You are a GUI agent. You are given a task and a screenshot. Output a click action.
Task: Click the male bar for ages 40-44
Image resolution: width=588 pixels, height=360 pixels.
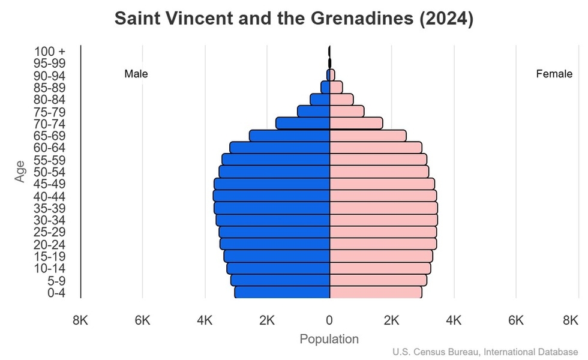pyautogui.click(x=271, y=196)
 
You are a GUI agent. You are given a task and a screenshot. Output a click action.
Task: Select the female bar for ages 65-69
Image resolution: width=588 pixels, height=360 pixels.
pyautogui.click(x=368, y=136)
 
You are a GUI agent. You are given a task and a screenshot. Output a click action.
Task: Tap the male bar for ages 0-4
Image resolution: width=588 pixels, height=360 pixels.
pyautogui.click(x=282, y=292)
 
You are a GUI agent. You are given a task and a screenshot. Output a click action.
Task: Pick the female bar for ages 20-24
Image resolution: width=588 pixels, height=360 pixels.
pyautogui.click(x=383, y=244)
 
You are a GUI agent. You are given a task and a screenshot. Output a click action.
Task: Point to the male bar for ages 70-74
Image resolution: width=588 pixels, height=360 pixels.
pyautogui.click(x=303, y=124)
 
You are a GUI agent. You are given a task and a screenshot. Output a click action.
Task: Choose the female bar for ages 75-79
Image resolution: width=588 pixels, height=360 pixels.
pyautogui.click(x=347, y=112)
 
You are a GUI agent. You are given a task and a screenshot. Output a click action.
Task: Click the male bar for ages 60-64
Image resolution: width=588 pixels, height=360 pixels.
pyautogui.click(x=280, y=148)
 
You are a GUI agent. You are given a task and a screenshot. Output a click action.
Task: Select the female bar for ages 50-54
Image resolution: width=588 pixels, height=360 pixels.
pyautogui.click(x=379, y=172)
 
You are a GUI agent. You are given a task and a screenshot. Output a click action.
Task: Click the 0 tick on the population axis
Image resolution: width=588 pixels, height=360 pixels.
pyautogui.click(x=329, y=320)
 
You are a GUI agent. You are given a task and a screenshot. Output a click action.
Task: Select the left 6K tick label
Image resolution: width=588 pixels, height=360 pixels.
pyautogui.click(x=142, y=320)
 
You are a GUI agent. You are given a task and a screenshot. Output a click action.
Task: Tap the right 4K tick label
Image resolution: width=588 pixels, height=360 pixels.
pyautogui.click(x=454, y=320)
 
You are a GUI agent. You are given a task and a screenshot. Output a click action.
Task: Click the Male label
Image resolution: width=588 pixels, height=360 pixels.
pyautogui.click(x=136, y=74)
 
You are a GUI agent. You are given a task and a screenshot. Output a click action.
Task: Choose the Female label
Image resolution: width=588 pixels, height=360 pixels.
pyautogui.click(x=554, y=74)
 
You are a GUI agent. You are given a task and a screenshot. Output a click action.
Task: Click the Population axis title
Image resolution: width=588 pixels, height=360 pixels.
pyautogui.click(x=329, y=339)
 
